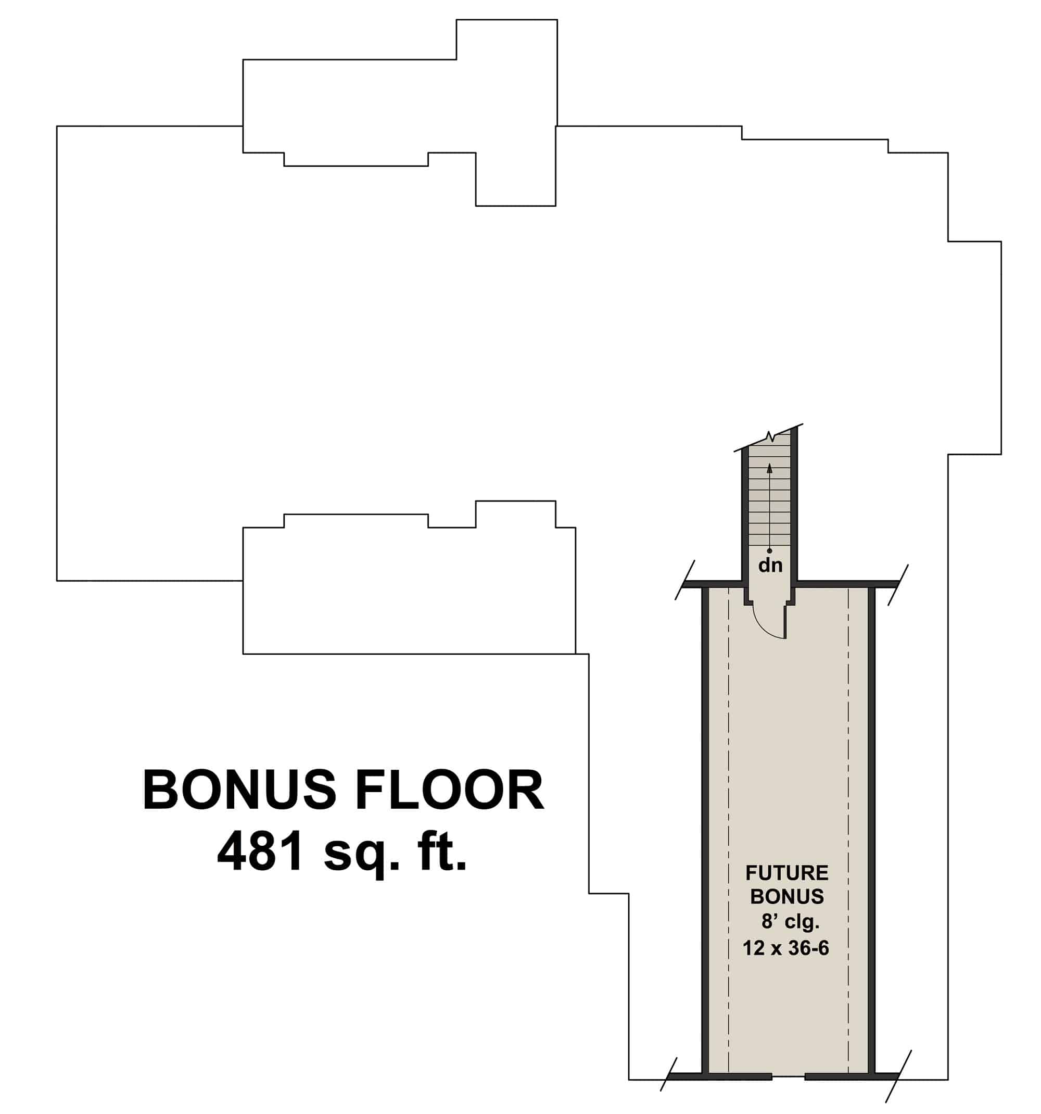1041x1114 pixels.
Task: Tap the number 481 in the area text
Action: click(262, 852)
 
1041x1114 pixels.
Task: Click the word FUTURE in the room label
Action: click(786, 873)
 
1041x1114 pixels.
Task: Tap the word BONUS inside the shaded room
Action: click(787, 897)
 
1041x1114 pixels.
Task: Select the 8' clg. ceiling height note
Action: click(790, 921)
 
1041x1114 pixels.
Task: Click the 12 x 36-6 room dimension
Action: click(785, 948)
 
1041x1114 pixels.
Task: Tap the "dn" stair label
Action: click(770, 566)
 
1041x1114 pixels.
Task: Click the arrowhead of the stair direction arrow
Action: click(769, 468)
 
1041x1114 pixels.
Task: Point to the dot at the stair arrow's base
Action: click(769, 551)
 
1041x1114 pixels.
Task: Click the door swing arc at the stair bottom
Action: click(765, 627)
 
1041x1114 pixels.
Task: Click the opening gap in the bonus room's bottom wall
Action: click(789, 1077)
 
